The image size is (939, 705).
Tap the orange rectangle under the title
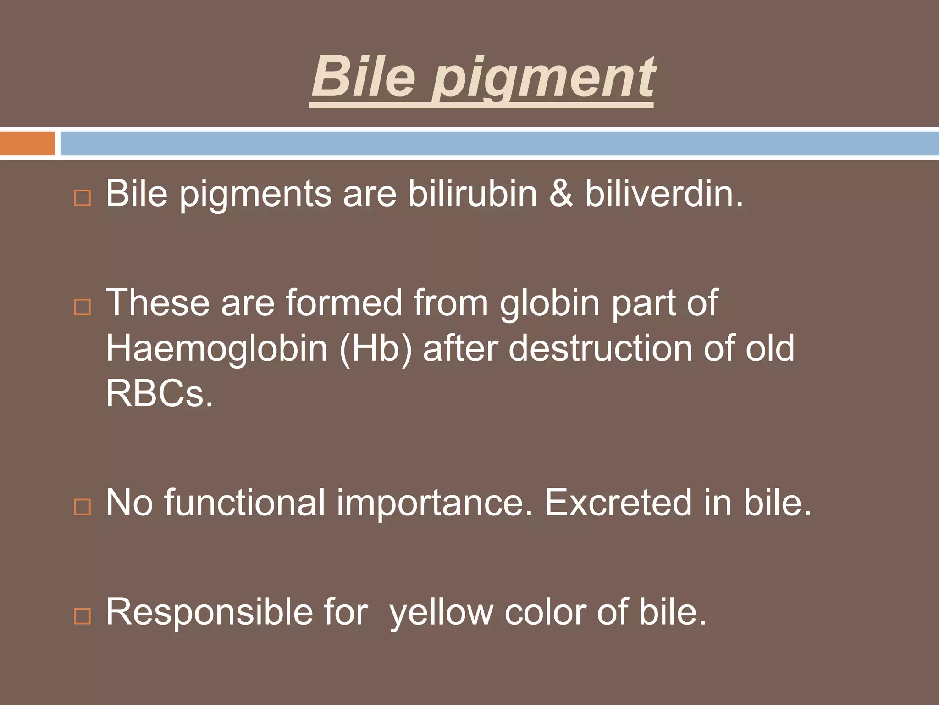pyautogui.click(x=27, y=143)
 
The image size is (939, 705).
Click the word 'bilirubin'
pyautogui.click(x=472, y=194)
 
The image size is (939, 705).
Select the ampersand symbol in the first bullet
pyautogui.click(x=561, y=194)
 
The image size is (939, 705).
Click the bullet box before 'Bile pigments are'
pyautogui.click(x=83, y=198)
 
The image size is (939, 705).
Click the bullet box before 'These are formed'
pyautogui.click(x=83, y=307)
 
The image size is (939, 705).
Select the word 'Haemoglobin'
pyautogui.click(x=217, y=348)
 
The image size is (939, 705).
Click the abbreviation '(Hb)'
pyautogui.click(x=376, y=348)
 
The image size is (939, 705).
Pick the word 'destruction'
pyautogui.click(x=600, y=348)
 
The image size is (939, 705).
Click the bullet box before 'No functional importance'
pyautogui.click(x=83, y=507)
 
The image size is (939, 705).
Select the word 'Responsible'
pyautogui.click(x=209, y=613)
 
